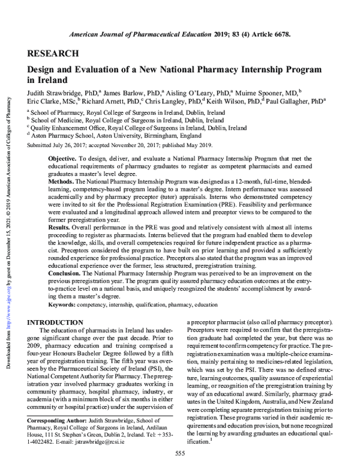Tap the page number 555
coord(179,452)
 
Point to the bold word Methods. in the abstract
coord(63,181)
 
